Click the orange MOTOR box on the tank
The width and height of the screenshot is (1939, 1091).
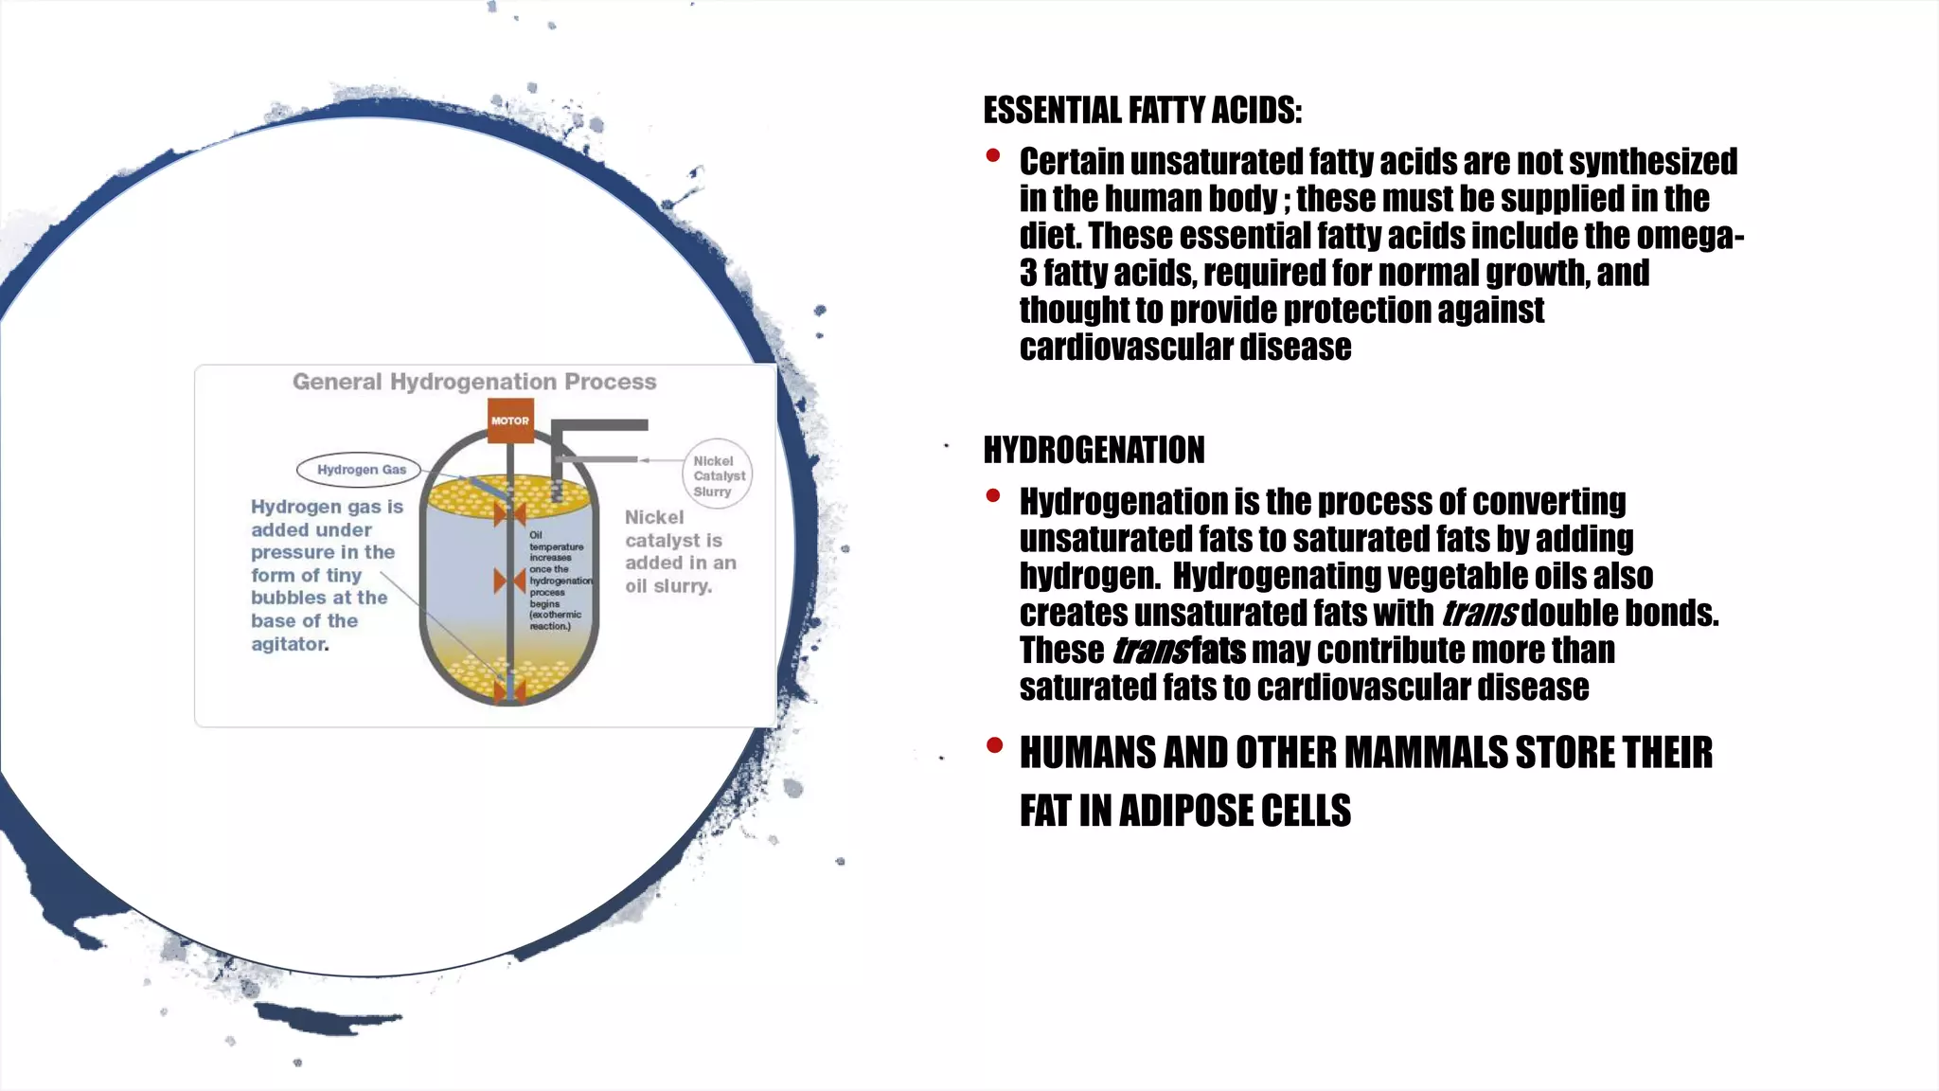click(x=510, y=420)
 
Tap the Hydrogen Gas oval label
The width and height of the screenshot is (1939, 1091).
click(x=360, y=470)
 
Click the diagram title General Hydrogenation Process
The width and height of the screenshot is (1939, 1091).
click(x=473, y=382)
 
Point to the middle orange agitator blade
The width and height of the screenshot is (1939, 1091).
click(x=509, y=581)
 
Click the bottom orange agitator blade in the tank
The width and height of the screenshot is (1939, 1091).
click(x=509, y=690)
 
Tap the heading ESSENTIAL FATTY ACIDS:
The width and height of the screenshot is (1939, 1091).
click(x=1142, y=111)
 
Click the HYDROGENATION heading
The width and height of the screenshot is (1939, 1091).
click(x=1094, y=450)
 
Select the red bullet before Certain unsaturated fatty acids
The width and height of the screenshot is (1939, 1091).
click(x=993, y=155)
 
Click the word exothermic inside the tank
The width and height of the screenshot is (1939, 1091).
click(x=557, y=615)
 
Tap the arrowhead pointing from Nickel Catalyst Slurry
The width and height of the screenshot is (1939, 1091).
click(x=644, y=460)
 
